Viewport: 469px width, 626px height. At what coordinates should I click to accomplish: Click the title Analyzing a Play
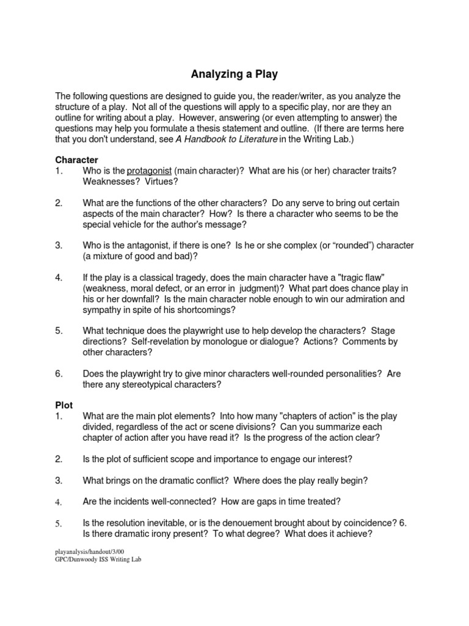tap(234, 75)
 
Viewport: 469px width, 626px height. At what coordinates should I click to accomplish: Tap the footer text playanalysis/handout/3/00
tap(89, 551)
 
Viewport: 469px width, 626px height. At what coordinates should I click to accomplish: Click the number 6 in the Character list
tap(59, 374)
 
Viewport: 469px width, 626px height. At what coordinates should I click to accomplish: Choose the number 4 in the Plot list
tap(59, 502)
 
